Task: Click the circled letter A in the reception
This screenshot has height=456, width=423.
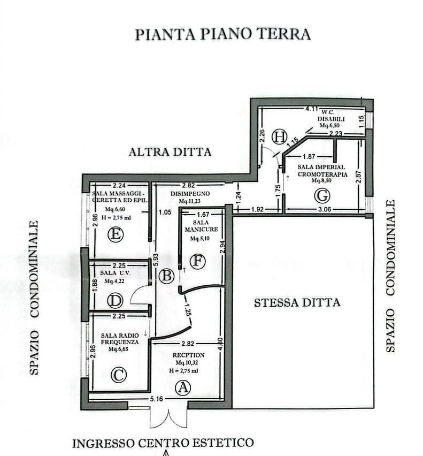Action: (x=183, y=387)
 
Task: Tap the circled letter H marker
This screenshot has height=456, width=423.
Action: (x=279, y=136)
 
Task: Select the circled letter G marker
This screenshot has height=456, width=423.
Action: (x=322, y=195)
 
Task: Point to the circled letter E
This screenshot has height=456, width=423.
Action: (x=116, y=234)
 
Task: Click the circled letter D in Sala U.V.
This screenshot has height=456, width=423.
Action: (x=116, y=301)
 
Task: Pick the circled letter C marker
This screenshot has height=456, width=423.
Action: (x=119, y=375)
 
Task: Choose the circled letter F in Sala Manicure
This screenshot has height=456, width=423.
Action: (x=197, y=261)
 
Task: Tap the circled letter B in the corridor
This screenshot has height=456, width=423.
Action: (x=167, y=276)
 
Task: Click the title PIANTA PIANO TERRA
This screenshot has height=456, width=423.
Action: (x=223, y=34)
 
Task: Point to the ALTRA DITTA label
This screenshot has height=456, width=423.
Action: (x=170, y=152)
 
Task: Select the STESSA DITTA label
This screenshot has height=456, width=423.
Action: (x=297, y=303)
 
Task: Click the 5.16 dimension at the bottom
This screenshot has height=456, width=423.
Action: (x=156, y=399)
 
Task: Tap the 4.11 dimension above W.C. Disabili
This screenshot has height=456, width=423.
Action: (x=311, y=109)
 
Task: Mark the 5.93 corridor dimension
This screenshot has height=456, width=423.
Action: (x=156, y=260)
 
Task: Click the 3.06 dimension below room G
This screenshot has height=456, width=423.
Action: (x=325, y=209)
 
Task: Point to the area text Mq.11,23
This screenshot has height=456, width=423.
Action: (x=189, y=201)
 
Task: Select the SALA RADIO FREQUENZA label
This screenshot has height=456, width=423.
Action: (x=120, y=339)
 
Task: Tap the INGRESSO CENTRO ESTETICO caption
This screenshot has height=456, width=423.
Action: (x=163, y=443)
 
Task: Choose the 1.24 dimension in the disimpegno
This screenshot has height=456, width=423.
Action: (x=238, y=197)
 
